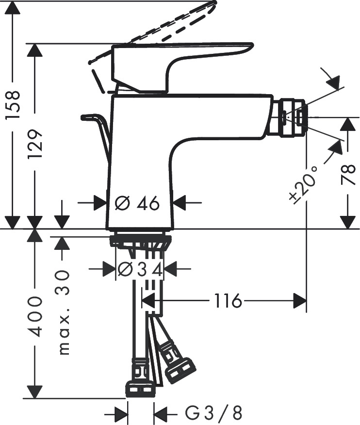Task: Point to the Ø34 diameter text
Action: tap(140, 268)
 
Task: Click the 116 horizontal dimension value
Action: tap(227, 301)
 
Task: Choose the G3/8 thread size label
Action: tap(213, 414)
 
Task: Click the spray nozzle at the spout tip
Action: tap(291, 117)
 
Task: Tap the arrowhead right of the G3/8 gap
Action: tap(160, 414)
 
